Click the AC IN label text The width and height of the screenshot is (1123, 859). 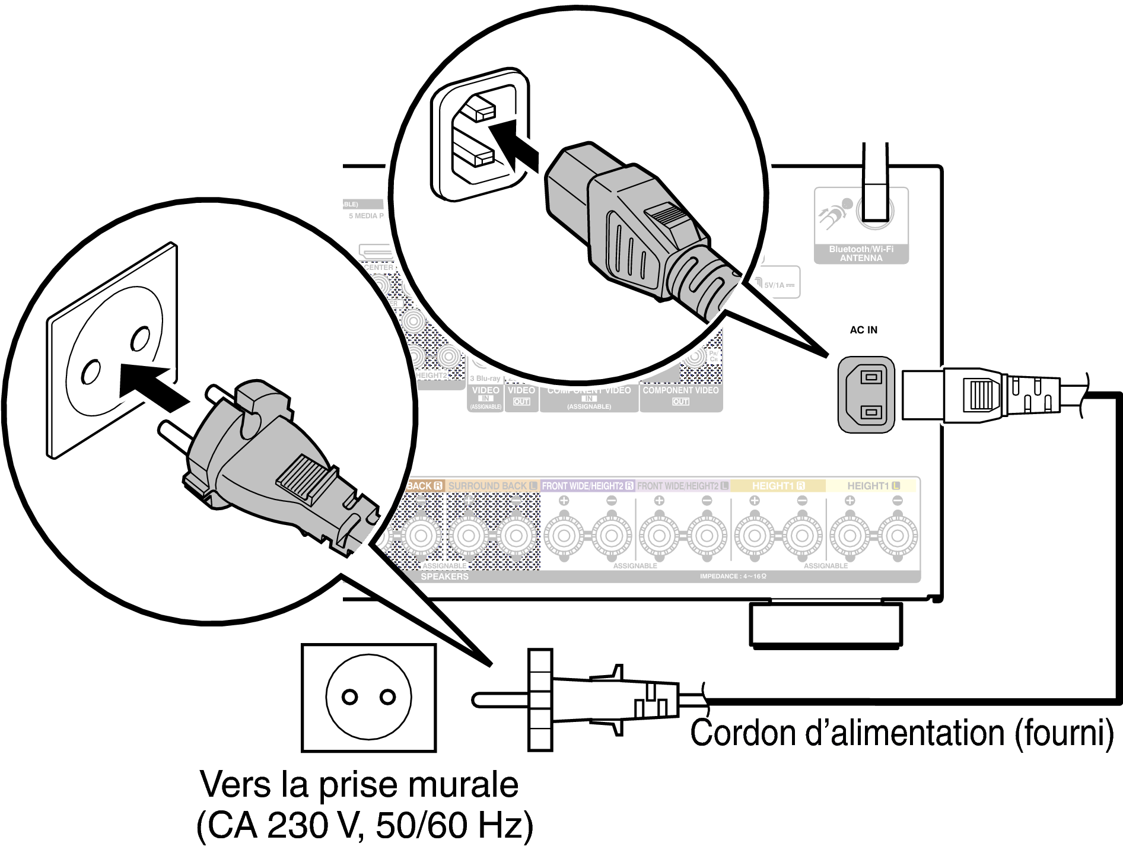coord(863,330)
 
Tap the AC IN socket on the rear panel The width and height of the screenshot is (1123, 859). coord(866,394)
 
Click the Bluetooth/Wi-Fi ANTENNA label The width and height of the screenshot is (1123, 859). coord(861,254)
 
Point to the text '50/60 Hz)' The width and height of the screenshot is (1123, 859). coord(454,825)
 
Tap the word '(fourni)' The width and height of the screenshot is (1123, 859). coord(1065,733)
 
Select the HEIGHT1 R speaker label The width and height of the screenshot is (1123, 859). coord(778,486)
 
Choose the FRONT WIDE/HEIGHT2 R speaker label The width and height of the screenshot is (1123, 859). coord(587,486)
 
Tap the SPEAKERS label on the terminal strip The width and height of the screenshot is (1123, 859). coord(444,577)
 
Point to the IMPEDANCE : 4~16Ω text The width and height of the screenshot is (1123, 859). coord(733,576)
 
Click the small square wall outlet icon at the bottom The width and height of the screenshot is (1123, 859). coord(368,698)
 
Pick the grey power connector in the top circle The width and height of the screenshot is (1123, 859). coord(635,225)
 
